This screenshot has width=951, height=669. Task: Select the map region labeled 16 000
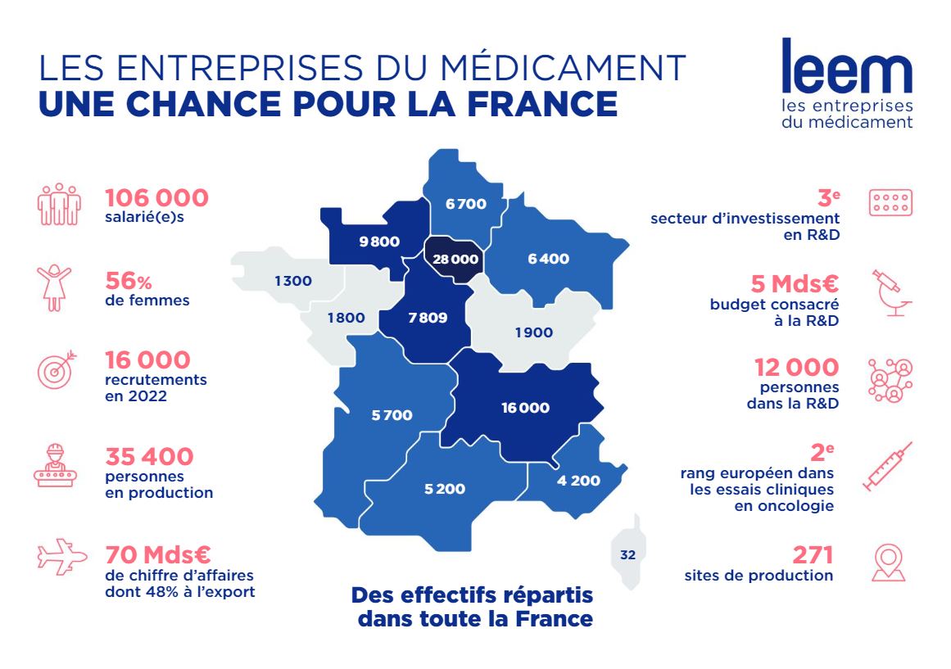[525, 408]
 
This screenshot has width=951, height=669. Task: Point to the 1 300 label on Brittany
[292, 281]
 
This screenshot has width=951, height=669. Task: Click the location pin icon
[889, 563]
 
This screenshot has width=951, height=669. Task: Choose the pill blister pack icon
[890, 203]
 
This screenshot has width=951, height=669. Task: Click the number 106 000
[156, 198]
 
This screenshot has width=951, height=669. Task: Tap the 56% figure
[129, 281]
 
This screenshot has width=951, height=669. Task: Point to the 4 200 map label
[578, 481]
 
